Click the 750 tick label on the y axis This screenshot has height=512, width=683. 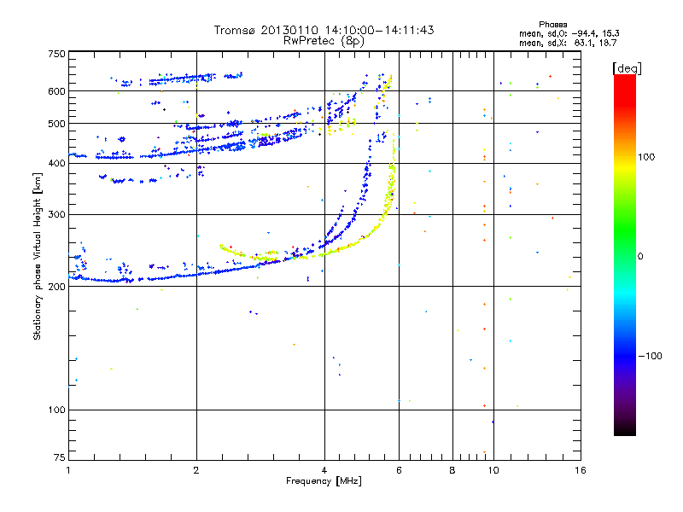[x=56, y=54]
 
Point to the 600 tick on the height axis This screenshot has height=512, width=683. [x=56, y=91]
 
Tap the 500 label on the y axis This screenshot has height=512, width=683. [x=56, y=124]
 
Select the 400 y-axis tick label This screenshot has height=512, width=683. [x=56, y=164]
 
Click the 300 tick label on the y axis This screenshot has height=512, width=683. [x=56, y=214]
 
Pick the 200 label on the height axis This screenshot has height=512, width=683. [x=56, y=287]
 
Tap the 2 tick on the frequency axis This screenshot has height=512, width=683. [x=196, y=470]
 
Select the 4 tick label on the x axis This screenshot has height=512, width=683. [x=324, y=470]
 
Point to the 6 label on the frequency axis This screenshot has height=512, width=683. [x=400, y=470]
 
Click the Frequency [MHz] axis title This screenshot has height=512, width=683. [x=324, y=482]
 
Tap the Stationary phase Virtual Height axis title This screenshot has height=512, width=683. [x=38, y=257]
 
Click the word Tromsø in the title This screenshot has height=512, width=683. [x=235, y=30]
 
